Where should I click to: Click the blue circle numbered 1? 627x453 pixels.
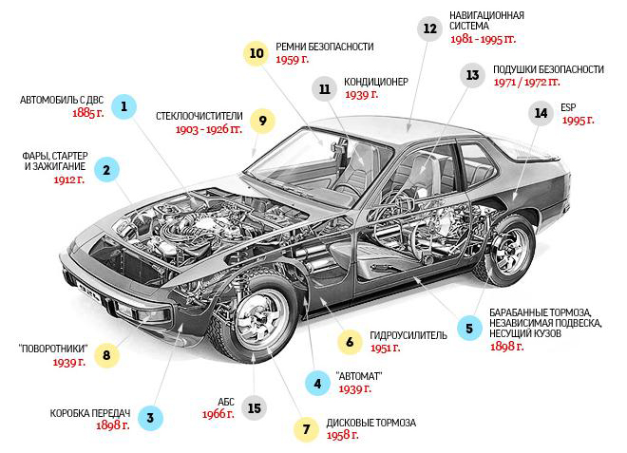(x=123, y=106)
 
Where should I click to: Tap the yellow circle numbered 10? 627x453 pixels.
(x=256, y=53)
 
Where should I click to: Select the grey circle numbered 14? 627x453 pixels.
(x=541, y=113)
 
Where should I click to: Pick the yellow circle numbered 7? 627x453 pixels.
(x=306, y=429)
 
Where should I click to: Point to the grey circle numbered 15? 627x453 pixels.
(x=255, y=408)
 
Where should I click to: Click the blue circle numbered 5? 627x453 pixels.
(x=469, y=329)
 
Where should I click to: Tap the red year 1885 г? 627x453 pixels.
(x=88, y=113)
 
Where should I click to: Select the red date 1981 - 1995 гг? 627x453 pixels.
(x=483, y=39)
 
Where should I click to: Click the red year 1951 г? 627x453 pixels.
(x=385, y=348)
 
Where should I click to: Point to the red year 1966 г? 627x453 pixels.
(x=218, y=414)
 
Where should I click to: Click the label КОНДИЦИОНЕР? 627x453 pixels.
(x=376, y=82)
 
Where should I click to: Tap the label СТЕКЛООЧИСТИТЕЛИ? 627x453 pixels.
(x=199, y=116)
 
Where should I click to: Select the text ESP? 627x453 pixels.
(x=568, y=107)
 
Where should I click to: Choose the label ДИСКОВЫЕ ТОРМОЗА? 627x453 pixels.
(x=371, y=423)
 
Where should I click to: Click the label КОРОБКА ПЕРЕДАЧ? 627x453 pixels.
(x=90, y=413)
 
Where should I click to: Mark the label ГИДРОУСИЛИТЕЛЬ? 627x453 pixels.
(x=408, y=335)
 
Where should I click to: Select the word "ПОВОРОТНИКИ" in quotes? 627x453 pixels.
(x=53, y=349)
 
